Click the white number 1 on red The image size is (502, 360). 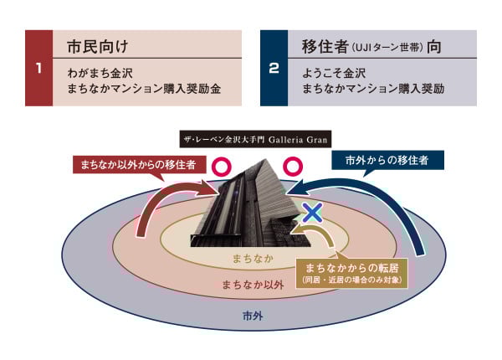tap(38, 68)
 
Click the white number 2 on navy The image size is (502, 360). tap(274, 68)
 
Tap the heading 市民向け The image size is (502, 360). tap(98, 46)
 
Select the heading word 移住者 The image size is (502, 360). tap(325, 46)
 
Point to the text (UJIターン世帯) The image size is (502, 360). tap(387, 48)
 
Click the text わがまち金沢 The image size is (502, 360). tap(100, 73)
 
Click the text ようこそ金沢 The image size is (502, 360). tap(334, 73)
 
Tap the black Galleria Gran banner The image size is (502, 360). tap(255, 139)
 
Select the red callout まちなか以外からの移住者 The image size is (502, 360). tap(138, 165)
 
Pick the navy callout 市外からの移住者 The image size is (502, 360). tap(387, 160)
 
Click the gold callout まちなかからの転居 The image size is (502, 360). tap(351, 273)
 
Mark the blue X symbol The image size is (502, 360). tap(312, 213)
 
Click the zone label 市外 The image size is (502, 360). tap(253, 316)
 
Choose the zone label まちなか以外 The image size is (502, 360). tap(253, 285)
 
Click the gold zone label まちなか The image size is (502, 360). tap(253, 259)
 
